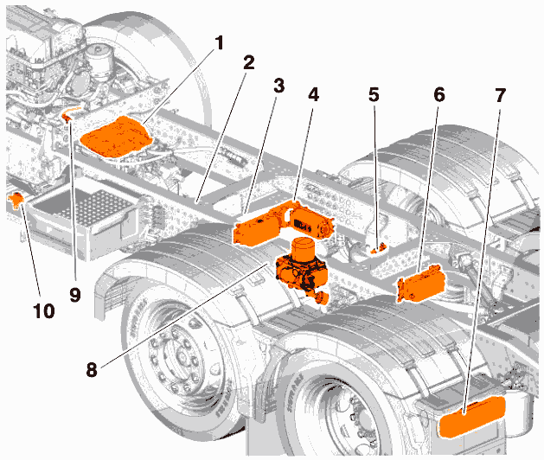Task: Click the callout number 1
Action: pyautogui.click(x=219, y=44)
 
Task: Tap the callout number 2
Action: pyautogui.click(x=248, y=62)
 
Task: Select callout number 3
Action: pyautogui.click(x=278, y=86)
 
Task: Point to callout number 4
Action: pyautogui.click(x=313, y=94)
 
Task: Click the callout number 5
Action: pyautogui.click(x=374, y=94)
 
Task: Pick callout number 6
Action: pyautogui.click(x=439, y=94)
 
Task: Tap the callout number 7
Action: pyautogui.click(x=500, y=94)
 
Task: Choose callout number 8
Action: pyautogui.click(x=92, y=369)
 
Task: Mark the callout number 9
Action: pyautogui.click(x=75, y=295)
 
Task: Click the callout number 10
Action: pyautogui.click(x=44, y=310)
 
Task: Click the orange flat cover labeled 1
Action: pyautogui.click(x=116, y=137)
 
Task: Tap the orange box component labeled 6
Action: pyautogui.click(x=421, y=283)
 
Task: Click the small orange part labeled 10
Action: pyautogui.click(x=16, y=200)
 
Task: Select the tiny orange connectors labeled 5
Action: pyautogui.click(x=379, y=248)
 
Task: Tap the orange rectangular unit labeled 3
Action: pyautogui.click(x=256, y=230)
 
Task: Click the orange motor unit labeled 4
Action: pyautogui.click(x=305, y=220)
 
